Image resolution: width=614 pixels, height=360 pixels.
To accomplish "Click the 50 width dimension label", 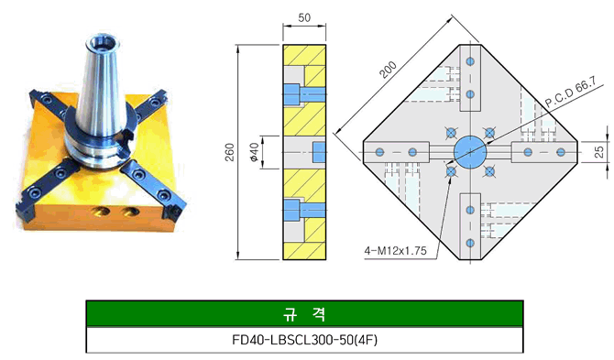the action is pos(304,17).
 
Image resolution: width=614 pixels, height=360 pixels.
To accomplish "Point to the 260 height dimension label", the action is pos(230,152).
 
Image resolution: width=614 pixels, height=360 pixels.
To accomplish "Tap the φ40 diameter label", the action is pos(254,152).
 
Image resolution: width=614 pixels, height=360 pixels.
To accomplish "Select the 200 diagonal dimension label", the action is pos(389,70).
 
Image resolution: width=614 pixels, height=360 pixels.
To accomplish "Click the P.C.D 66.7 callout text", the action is pos(571,92).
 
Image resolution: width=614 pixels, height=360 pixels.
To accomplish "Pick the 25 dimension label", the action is pos(599,152).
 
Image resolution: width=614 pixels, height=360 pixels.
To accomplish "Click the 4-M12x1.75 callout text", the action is pos(396,251).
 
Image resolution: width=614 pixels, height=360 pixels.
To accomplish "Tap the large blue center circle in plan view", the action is pos(470,152).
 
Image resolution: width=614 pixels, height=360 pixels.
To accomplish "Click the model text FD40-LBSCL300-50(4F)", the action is pos(304,340).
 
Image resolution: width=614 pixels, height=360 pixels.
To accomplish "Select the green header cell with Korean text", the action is pos(304,313).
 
